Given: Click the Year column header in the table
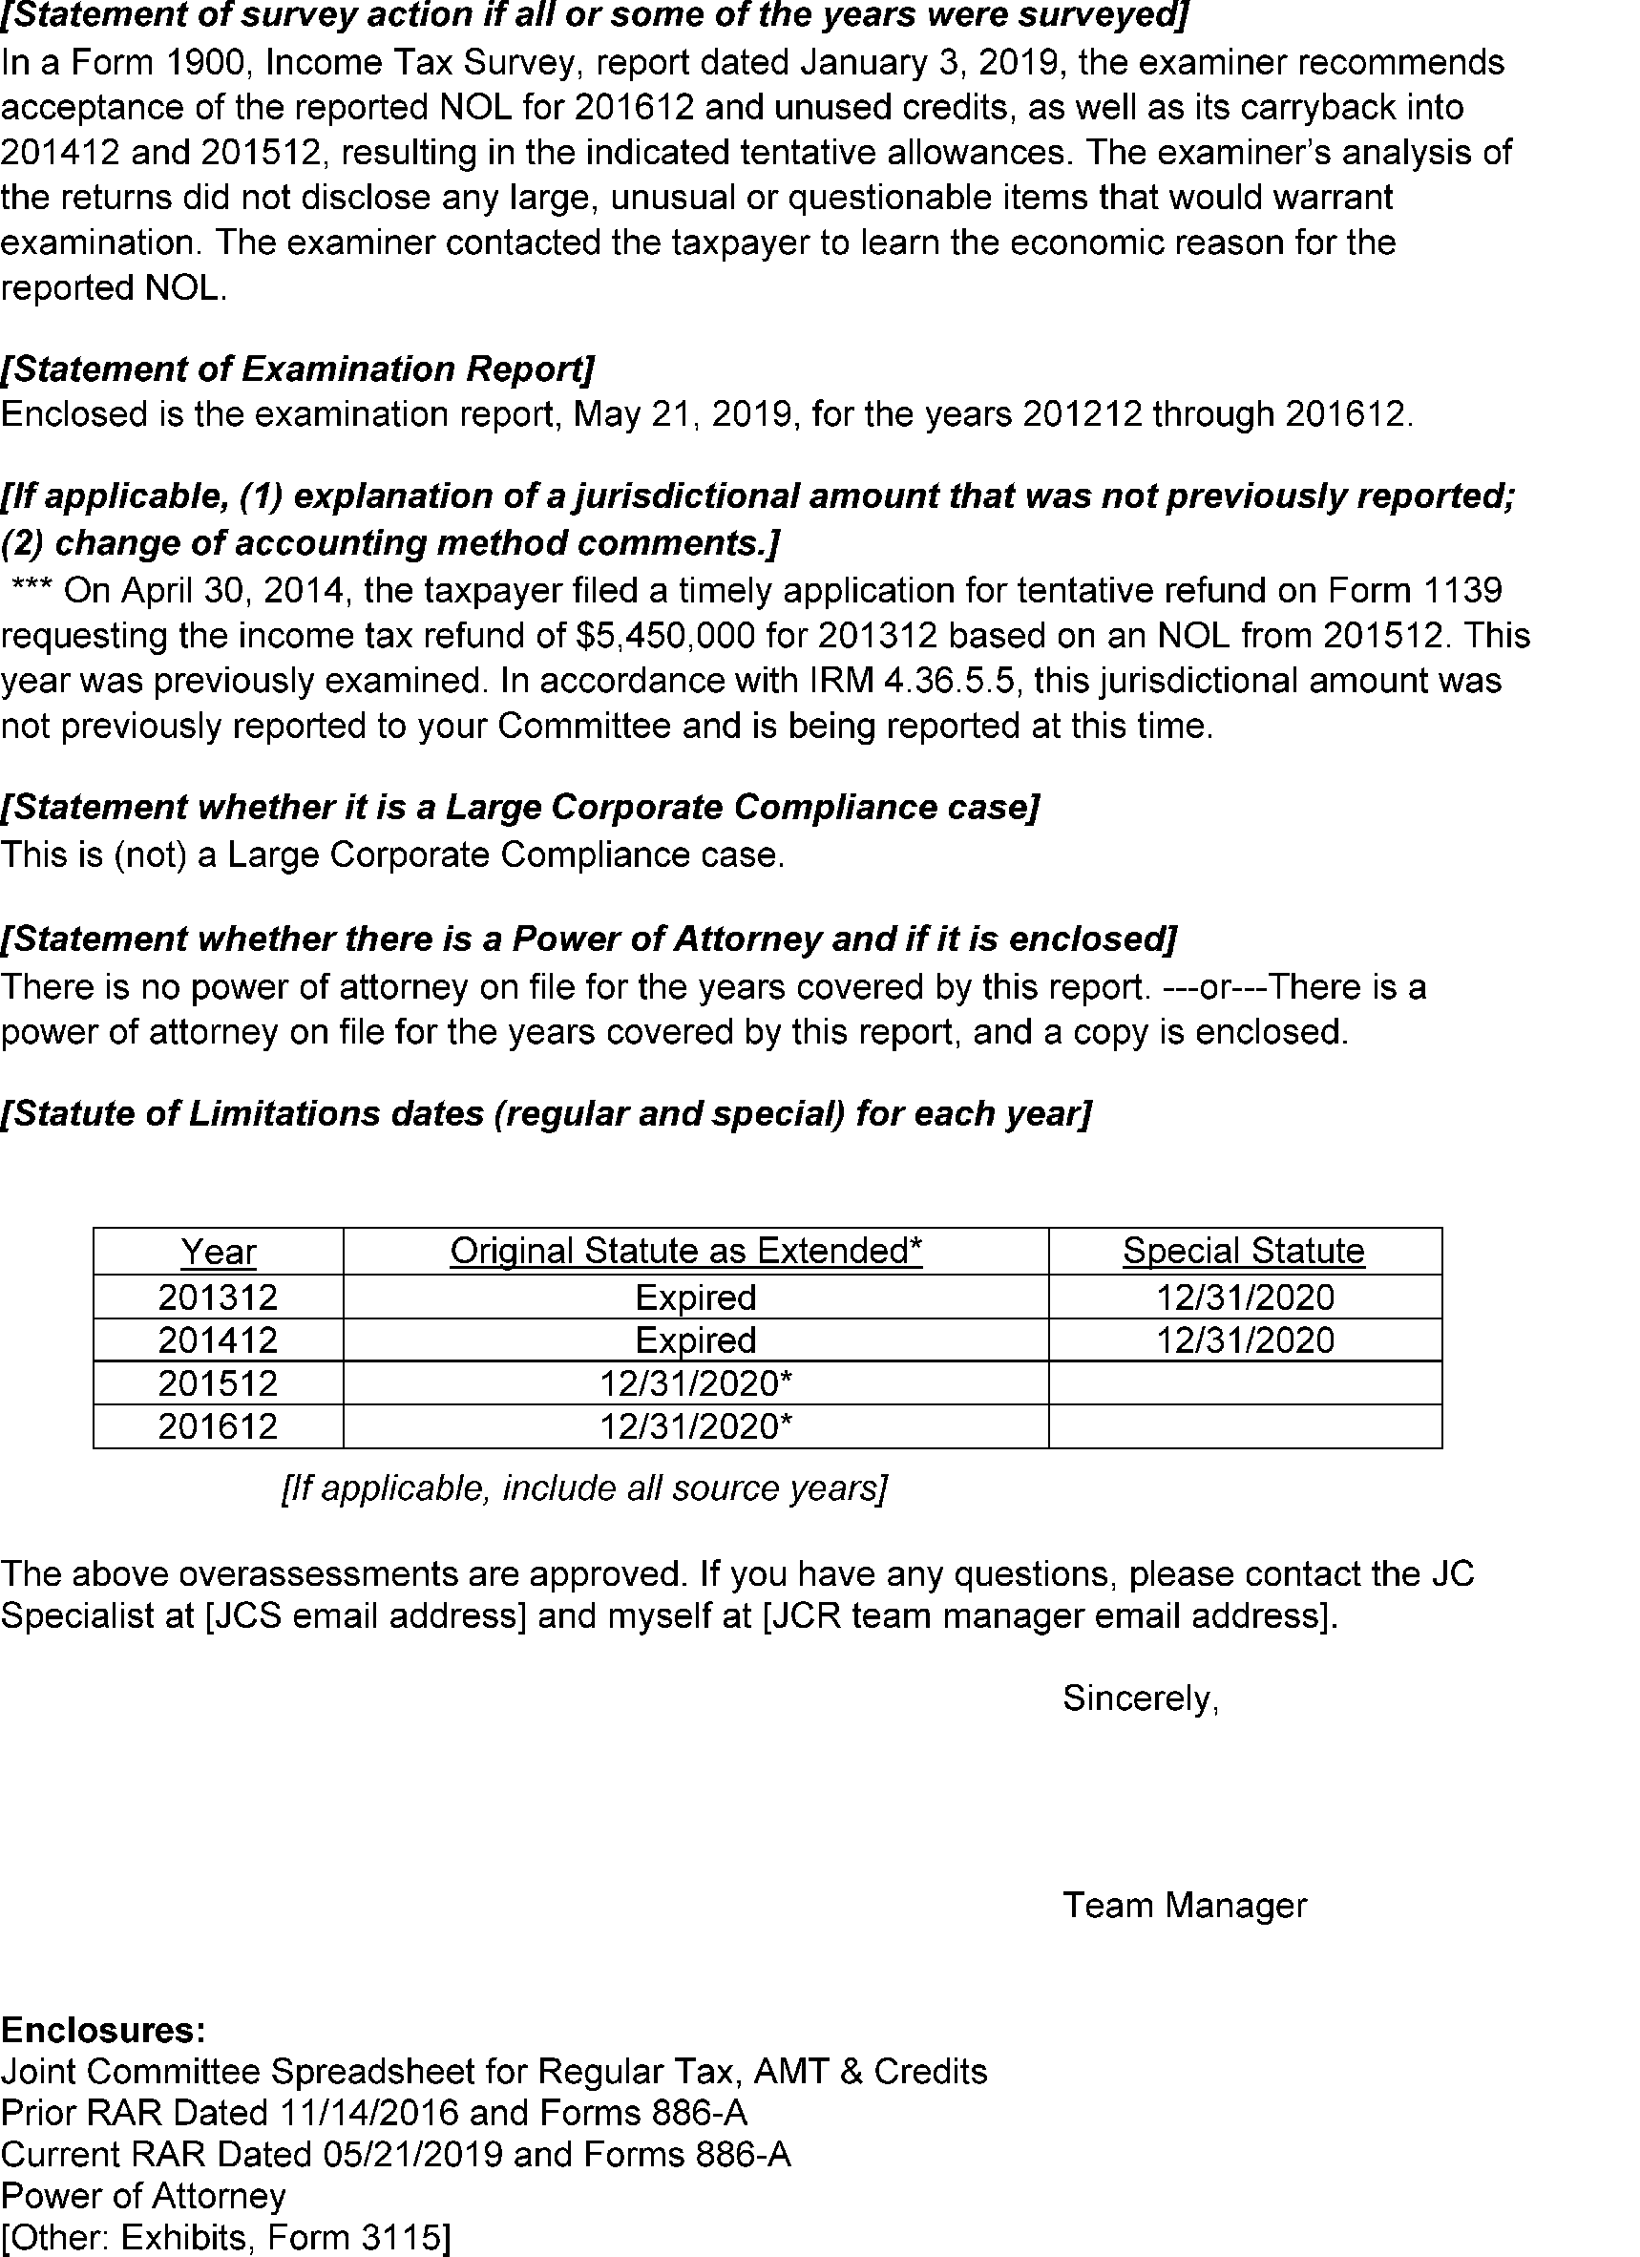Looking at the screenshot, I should click(x=218, y=1251).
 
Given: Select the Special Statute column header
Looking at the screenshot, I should click(x=1243, y=1250).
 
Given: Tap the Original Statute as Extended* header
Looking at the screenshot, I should click(x=685, y=1250).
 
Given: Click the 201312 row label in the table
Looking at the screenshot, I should click(x=218, y=1297).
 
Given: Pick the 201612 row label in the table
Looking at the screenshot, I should click(x=218, y=1426).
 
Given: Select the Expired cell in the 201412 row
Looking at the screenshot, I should click(x=696, y=1339).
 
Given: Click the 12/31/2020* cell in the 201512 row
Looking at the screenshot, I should click(x=696, y=1383).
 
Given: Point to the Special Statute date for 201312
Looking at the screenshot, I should click(x=1244, y=1297).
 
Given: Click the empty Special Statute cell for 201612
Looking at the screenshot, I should click(x=1244, y=1426).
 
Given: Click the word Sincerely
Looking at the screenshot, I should click(x=1141, y=1698).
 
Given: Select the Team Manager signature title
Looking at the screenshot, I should click(x=1185, y=1905).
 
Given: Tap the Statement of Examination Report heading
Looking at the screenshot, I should click(x=298, y=369).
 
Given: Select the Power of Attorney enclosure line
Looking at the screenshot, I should click(x=143, y=2195).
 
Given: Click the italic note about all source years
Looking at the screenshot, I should click(x=584, y=1487).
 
